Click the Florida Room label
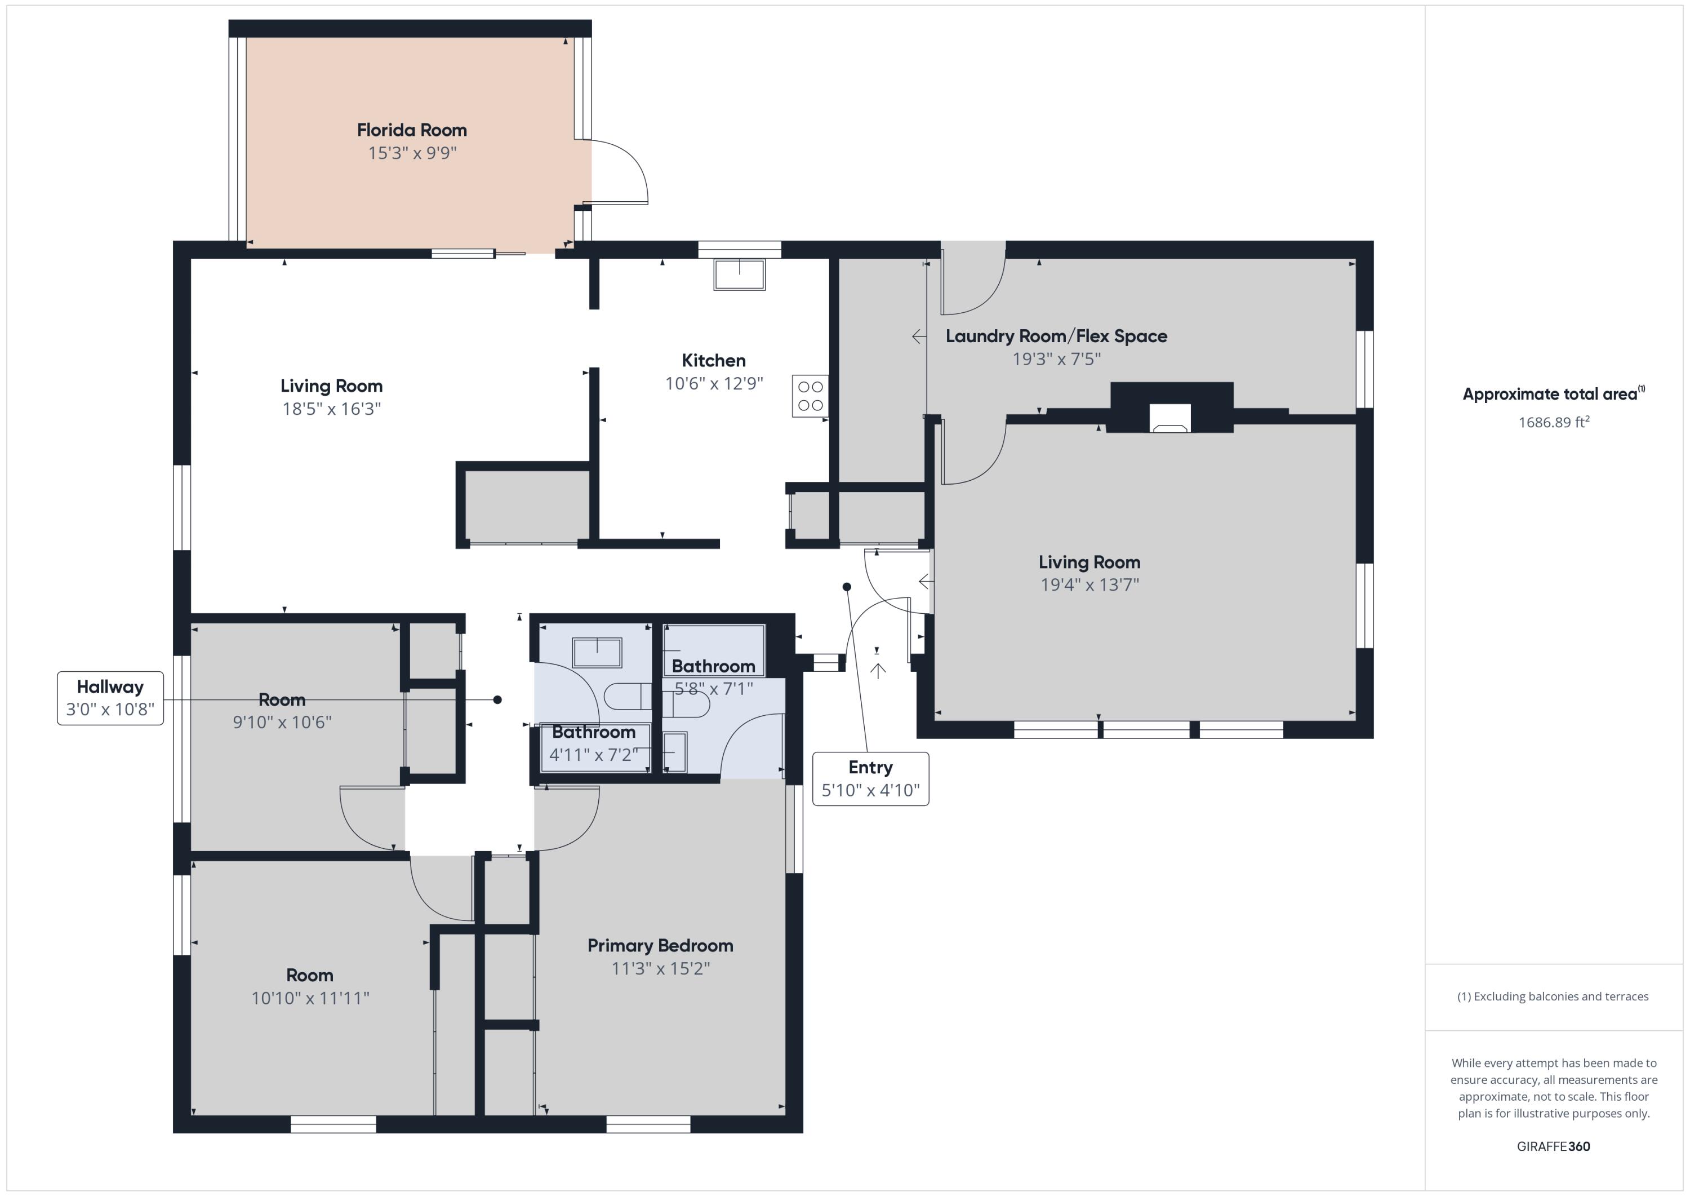click(x=411, y=130)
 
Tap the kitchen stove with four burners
click(x=810, y=396)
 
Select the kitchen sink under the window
click(x=739, y=274)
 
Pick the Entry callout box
click(x=870, y=778)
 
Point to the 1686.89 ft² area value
click(x=1553, y=422)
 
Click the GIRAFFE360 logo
click(x=1553, y=1146)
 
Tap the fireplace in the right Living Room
click(x=1169, y=417)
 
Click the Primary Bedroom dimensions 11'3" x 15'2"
click(x=660, y=968)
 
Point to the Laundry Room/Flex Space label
click(x=1056, y=336)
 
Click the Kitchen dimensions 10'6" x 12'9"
click(x=713, y=384)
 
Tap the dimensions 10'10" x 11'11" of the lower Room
click(x=310, y=998)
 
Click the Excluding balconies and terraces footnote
click(x=1553, y=996)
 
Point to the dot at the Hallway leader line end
click(x=497, y=699)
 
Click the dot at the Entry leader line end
click(x=847, y=587)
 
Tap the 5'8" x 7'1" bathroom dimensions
click(x=713, y=689)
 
